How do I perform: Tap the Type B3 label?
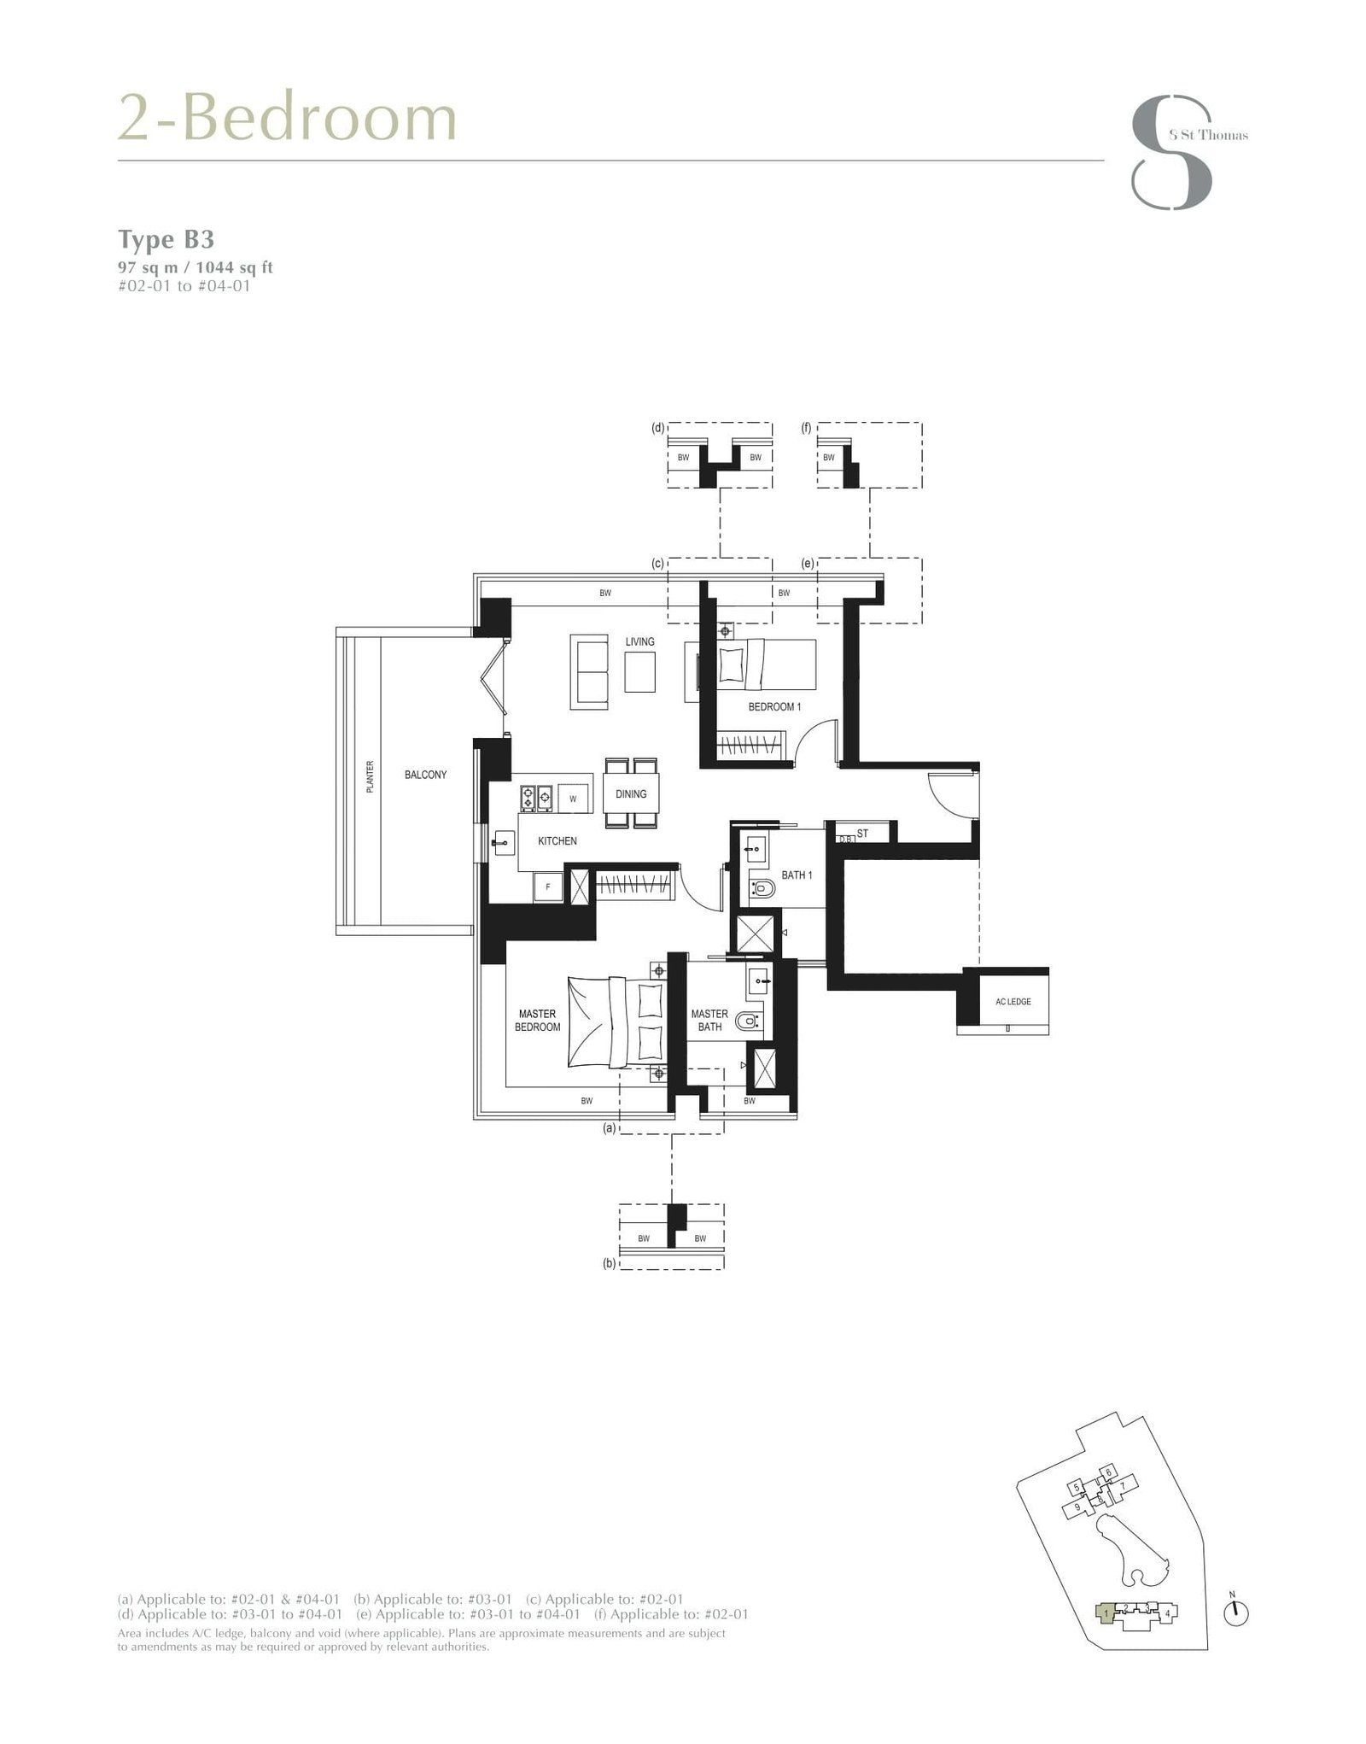[x=166, y=239]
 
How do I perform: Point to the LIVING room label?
[x=639, y=641]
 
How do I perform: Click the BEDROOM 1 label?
[x=774, y=707]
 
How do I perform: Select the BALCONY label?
[x=425, y=775]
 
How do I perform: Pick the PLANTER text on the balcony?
[x=370, y=777]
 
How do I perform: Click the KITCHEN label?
[x=557, y=841]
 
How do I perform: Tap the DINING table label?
[x=631, y=794]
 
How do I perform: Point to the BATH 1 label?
[x=797, y=875]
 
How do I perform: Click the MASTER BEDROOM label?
[x=537, y=1021]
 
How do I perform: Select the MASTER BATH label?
[x=709, y=1021]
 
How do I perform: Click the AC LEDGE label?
[x=1013, y=1002]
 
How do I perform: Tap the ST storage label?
[x=862, y=834]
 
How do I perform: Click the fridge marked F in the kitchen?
[x=548, y=887]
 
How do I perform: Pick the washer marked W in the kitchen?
[x=573, y=799]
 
